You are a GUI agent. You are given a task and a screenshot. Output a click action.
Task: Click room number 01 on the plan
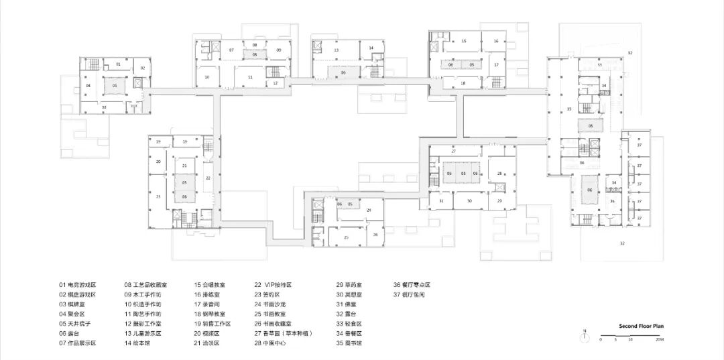[x=118, y=64]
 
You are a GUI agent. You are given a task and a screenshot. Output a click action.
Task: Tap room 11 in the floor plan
[x=249, y=78]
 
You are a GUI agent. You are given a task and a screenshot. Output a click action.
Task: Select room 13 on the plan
[x=337, y=50]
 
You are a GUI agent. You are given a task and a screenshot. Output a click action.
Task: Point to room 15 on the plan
[x=463, y=42]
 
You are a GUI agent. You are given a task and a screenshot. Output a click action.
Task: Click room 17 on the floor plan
[x=497, y=65]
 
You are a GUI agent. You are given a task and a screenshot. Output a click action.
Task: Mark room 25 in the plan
[x=346, y=237]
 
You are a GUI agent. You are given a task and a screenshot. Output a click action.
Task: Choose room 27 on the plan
[x=454, y=152]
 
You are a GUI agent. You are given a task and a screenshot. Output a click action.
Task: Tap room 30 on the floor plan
[x=469, y=201]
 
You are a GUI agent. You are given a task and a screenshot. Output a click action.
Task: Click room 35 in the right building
[x=569, y=109]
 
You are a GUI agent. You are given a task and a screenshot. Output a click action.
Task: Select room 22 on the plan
[x=208, y=178]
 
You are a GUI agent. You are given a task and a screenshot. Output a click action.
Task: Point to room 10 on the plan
[x=207, y=77]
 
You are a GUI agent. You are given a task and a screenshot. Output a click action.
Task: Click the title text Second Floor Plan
[x=641, y=326]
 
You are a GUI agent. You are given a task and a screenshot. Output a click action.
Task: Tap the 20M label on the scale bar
[x=660, y=341]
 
